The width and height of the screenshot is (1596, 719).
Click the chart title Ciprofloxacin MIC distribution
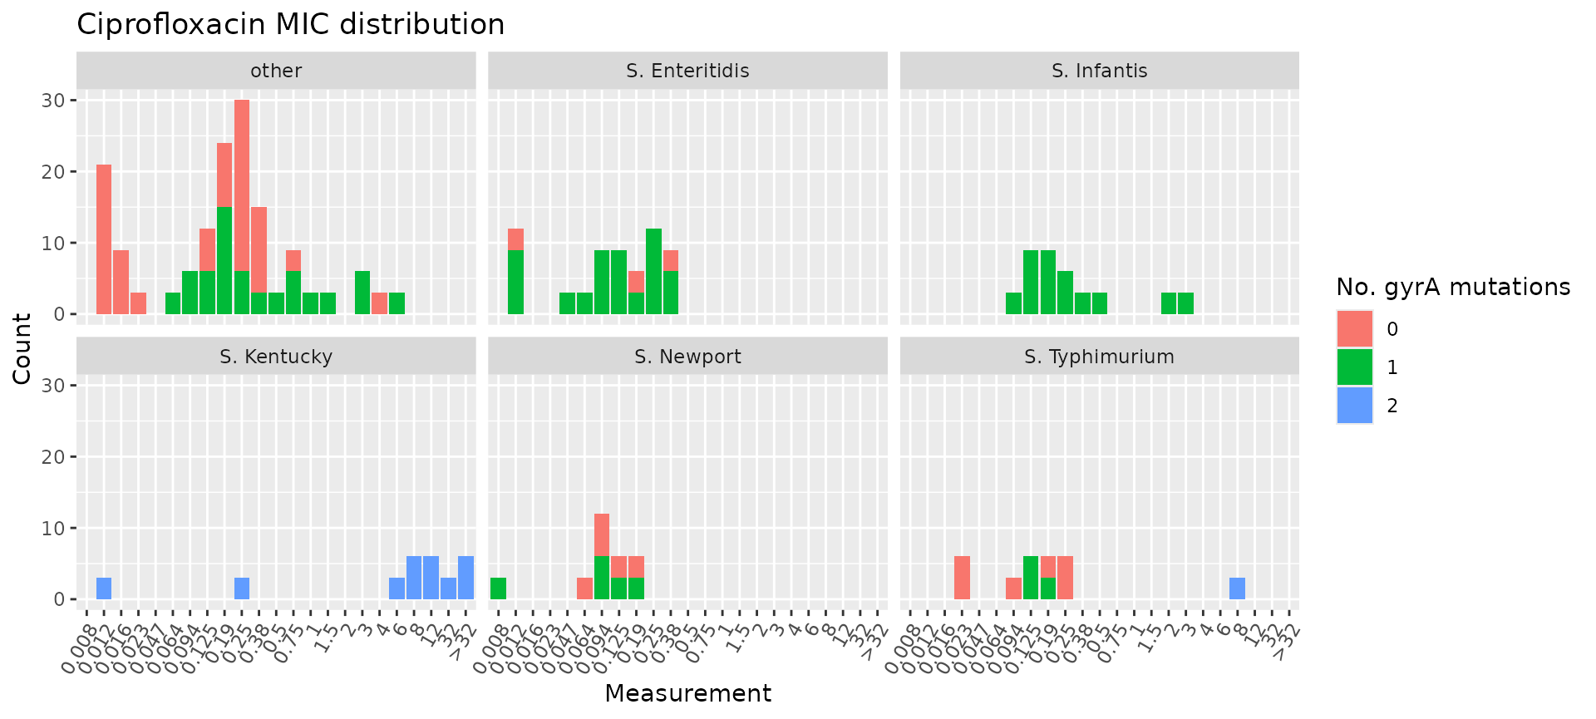point(290,25)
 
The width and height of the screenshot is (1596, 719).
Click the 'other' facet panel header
point(276,71)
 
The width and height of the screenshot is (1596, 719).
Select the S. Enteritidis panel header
point(687,71)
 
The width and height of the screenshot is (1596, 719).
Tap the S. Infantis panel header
point(1099,71)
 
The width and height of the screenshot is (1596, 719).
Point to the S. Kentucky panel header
point(276,357)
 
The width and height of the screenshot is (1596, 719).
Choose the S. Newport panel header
point(687,357)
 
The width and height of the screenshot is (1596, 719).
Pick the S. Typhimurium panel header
point(1099,357)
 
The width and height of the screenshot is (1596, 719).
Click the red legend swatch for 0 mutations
point(1354,328)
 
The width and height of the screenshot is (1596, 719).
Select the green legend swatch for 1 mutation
point(1354,367)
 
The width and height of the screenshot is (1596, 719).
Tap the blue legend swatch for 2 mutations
point(1354,405)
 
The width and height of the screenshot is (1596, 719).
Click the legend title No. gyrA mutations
point(1453,288)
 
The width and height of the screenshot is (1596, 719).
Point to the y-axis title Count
point(22,348)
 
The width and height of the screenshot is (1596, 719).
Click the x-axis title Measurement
point(687,693)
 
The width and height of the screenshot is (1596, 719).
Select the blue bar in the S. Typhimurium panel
point(1237,588)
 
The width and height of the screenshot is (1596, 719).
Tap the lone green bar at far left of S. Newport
point(498,588)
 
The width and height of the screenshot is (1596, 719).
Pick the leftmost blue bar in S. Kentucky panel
point(104,588)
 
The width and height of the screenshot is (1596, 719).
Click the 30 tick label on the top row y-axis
point(53,101)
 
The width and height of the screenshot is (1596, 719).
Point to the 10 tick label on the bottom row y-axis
point(53,529)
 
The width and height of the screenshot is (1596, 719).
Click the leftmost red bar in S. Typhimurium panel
point(962,578)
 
